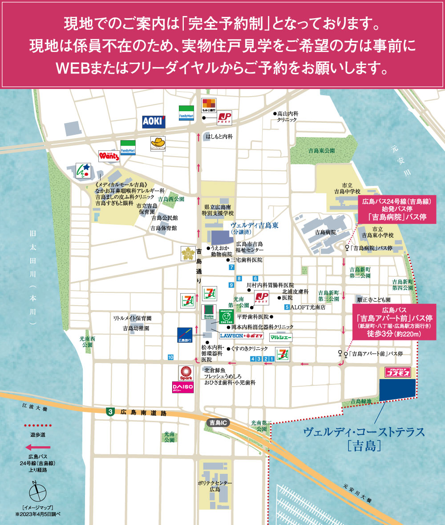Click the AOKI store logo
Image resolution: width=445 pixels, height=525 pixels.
pyautogui.click(x=154, y=121)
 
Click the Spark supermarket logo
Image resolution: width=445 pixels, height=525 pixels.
pyautogui.click(x=186, y=372)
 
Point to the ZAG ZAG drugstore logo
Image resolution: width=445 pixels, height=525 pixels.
pyautogui.click(x=227, y=317)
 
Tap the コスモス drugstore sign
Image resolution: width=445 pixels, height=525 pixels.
pyautogui.click(x=394, y=372)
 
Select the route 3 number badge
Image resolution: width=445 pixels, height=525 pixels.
pyautogui.click(x=110, y=412)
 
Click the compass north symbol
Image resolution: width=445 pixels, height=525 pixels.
pyautogui.click(x=37, y=492)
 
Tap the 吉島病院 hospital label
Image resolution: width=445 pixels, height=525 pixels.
pyautogui.click(x=325, y=232)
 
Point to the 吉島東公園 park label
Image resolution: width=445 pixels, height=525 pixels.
pyautogui.click(x=321, y=151)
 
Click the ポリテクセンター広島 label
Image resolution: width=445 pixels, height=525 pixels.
pyautogui.click(x=215, y=486)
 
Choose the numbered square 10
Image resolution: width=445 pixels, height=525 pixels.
pyautogui.click(x=170, y=357)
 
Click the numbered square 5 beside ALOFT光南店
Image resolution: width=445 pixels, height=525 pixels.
pyautogui.click(x=287, y=307)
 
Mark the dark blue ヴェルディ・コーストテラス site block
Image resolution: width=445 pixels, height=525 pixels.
pyautogui.click(x=397, y=390)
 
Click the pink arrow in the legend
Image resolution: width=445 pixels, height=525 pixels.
pyautogui.click(x=38, y=447)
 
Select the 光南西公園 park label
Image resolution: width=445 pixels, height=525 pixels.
pyautogui.click(x=87, y=342)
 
